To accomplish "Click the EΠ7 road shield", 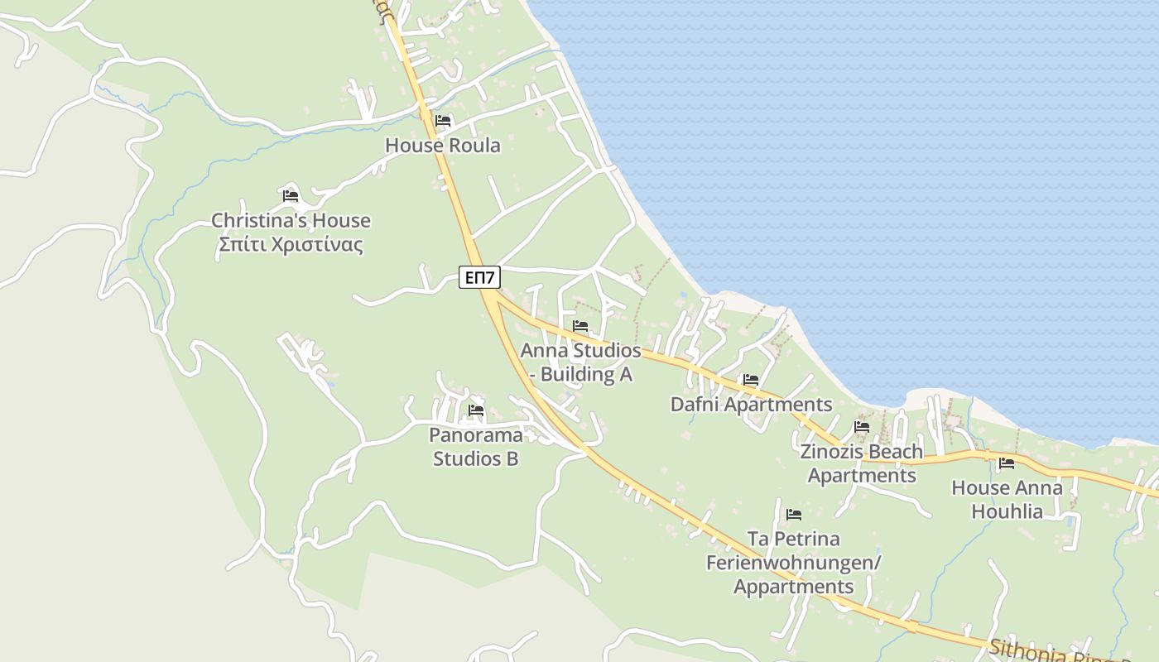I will (x=479, y=277).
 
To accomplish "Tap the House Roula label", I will (x=443, y=146).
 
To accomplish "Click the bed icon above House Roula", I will (x=443, y=121).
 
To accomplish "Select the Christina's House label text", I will (x=291, y=221).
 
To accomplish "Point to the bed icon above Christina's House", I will (x=290, y=196).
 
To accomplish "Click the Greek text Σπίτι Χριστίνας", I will (x=291, y=245).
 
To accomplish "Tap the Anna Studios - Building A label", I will (x=580, y=362).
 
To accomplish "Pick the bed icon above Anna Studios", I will (x=580, y=326).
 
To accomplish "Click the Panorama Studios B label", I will (x=475, y=447).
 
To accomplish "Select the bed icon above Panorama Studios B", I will (x=475, y=410).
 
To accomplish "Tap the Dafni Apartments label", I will (x=751, y=405).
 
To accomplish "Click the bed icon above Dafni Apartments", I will (x=751, y=380).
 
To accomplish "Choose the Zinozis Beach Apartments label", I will (x=862, y=463).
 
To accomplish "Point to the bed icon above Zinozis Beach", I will (x=862, y=427).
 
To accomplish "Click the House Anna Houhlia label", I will (x=1007, y=499).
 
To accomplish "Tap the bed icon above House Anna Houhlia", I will (x=1007, y=463).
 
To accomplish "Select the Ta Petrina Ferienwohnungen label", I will (x=793, y=563).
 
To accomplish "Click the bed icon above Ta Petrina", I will (x=793, y=515).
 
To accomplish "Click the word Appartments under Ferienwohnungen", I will (x=793, y=587).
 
